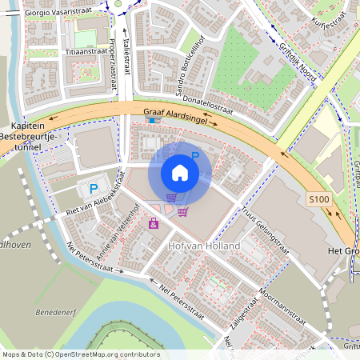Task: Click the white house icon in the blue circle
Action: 180,173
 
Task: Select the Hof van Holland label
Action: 203,246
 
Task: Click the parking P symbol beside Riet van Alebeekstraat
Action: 94,190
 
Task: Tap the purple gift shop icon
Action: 153,223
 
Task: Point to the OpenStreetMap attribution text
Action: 81,354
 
